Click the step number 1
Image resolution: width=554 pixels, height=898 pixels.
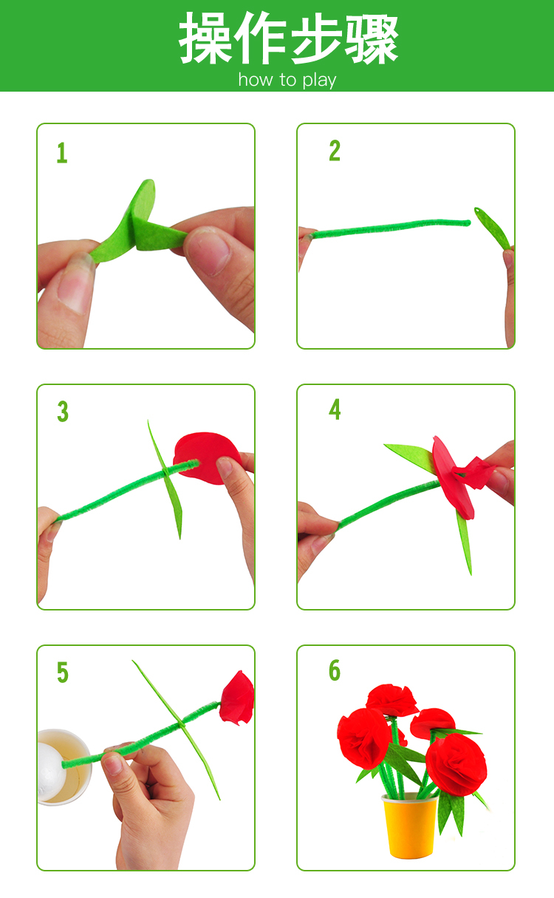[x=62, y=153]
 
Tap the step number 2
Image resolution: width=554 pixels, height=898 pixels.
[x=335, y=151]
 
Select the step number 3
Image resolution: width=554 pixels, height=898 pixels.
[x=63, y=412]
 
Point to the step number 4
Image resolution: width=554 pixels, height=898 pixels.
[x=335, y=409]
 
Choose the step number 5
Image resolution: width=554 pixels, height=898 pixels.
[x=63, y=672]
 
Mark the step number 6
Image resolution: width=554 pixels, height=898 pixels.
[x=335, y=670]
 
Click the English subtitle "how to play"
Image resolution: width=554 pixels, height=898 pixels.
[x=287, y=80]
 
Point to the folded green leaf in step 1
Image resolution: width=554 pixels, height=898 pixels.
[x=136, y=225]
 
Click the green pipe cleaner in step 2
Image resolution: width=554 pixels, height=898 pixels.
[x=391, y=228]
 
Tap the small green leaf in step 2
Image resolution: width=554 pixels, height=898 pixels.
[x=492, y=228]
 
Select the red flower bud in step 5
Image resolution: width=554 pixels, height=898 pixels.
[x=237, y=698]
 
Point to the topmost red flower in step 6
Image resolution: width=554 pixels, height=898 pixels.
[x=392, y=701]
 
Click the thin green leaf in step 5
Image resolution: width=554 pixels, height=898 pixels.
[x=177, y=729]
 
